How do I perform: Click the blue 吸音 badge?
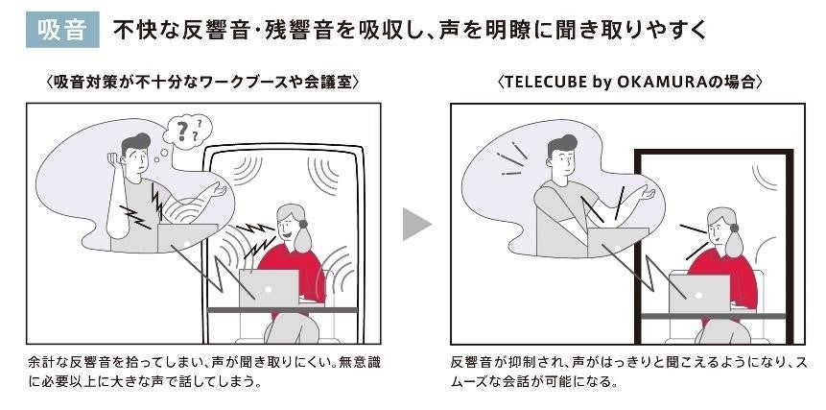[x=62, y=31]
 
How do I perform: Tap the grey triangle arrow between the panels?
[x=416, y=224]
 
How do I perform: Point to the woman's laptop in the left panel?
[x=270, y=288]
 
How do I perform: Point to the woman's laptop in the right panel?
[x=699, y=294]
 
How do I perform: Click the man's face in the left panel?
[x=134, y=159]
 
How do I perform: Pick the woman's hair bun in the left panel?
[x=303, y=224]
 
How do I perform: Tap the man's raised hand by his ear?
[x=111, y=158]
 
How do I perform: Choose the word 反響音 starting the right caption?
[x=471, y=363]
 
